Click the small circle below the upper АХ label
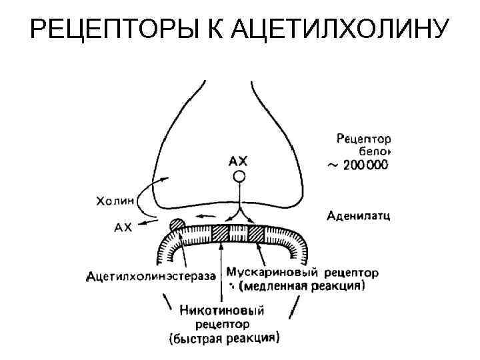click(238, 177)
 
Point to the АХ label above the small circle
click(238, 161)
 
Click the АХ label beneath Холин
click(123, 227)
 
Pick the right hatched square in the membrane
click(257, 234)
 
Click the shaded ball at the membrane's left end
click(177, 225)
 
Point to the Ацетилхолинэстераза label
click(151, 275)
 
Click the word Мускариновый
click(271, 272)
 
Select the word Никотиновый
click(222, 310)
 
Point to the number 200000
click(366, 165)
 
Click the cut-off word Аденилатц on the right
click(359, 215)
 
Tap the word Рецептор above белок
click(363, 139)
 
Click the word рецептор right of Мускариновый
click(351, 273)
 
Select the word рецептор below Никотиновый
click(223, 324)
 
